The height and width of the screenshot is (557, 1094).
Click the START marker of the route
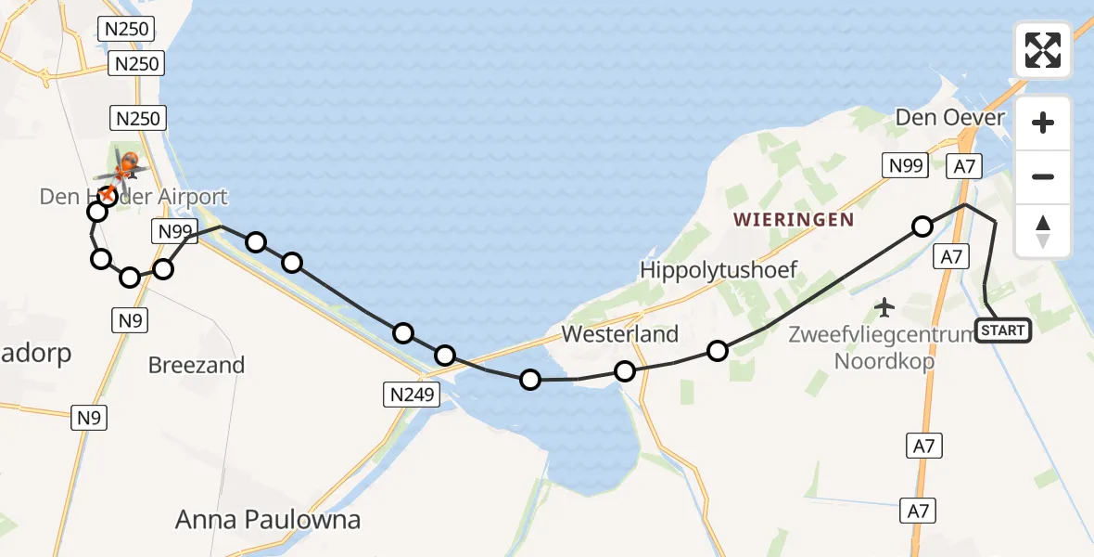1002,330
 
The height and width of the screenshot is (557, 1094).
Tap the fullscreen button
1043,50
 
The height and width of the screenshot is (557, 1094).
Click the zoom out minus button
1043,176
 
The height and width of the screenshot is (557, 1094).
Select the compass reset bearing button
1043,231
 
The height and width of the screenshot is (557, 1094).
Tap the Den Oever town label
949,118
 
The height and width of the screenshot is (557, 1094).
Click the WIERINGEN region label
793,220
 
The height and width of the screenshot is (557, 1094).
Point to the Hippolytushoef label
719,270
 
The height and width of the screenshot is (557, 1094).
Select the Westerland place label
620,334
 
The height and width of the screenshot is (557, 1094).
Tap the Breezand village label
197,365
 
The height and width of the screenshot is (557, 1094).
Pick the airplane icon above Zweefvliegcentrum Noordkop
885,305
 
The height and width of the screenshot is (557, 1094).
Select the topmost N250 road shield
126,29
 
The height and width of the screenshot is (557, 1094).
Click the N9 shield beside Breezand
129,321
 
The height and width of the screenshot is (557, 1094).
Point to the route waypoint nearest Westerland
625,371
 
